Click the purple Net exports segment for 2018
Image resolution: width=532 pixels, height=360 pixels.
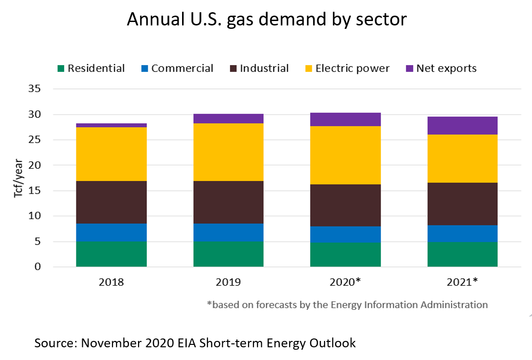pos(112,125)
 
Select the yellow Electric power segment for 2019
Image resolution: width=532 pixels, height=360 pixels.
pos(229,152)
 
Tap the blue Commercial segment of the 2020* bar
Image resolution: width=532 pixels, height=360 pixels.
pos(346,234)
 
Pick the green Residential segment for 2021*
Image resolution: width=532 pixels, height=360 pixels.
pos(463,254)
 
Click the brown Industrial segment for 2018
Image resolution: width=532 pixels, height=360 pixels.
pos(112,202)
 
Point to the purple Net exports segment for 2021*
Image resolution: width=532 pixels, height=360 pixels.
pos(463,126)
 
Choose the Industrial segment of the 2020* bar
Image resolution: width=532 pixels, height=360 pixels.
pos(346,205)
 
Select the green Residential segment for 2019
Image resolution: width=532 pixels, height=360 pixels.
pos(229,254)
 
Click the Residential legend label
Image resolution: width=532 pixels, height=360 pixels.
pos(96,68)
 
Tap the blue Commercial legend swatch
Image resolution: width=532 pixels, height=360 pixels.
pos(144,68)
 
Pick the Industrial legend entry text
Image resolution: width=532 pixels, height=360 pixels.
pos(264,68)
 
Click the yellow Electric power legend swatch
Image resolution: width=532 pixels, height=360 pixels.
pos(308,68)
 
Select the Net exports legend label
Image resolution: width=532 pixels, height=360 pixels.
pos(446,68)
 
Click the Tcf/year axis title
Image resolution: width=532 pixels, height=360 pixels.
pos(18,178)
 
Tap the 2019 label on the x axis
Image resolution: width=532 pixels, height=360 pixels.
pos(229,282)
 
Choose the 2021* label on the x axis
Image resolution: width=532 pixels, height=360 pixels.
pos(463,282)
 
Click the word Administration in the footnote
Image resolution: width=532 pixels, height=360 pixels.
pos(452,305)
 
